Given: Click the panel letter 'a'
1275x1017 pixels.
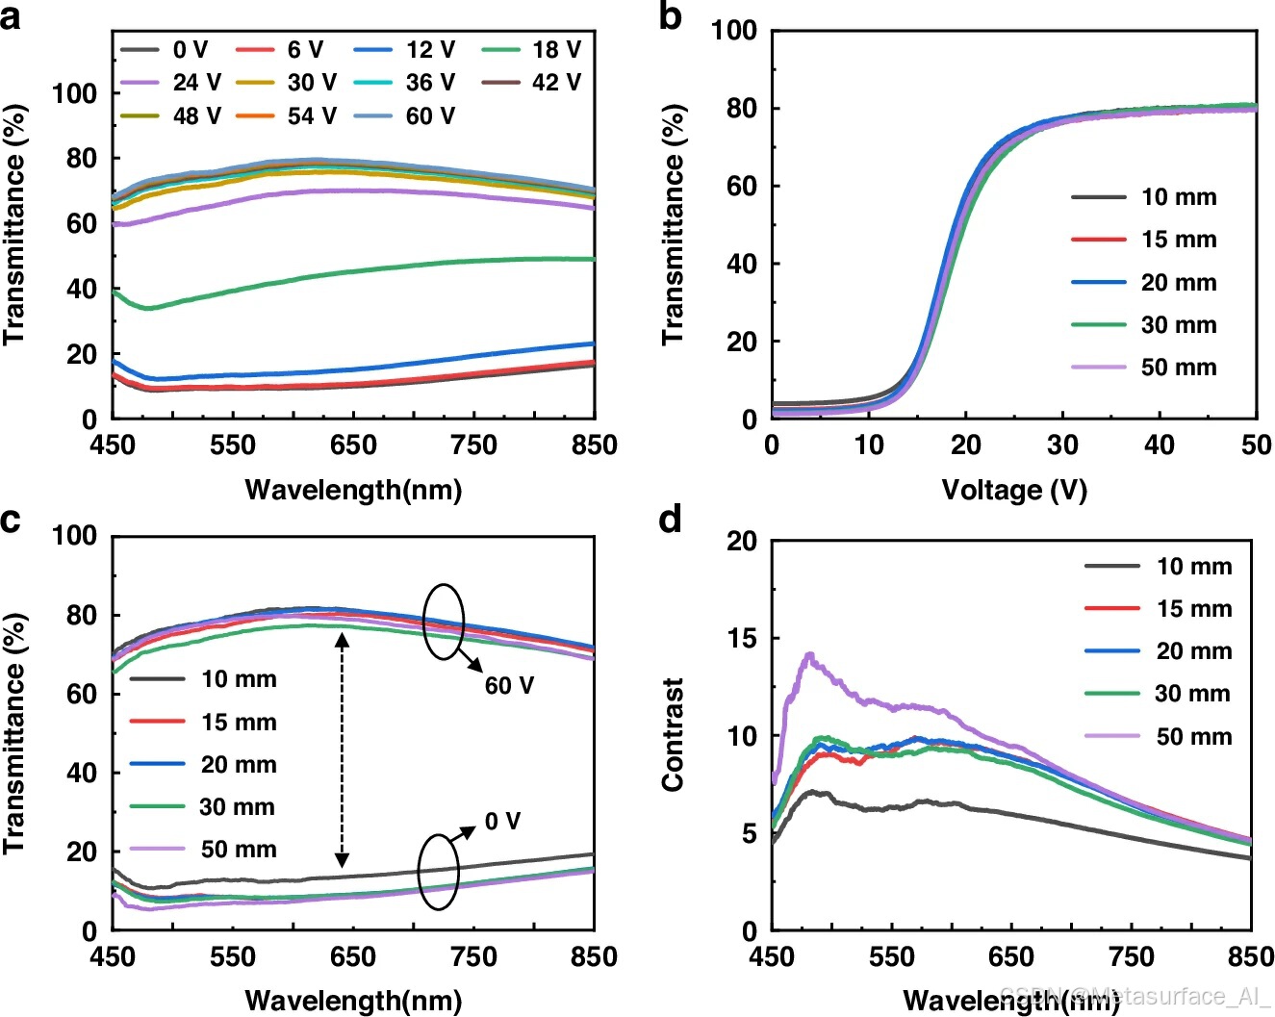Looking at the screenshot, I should point(11,16).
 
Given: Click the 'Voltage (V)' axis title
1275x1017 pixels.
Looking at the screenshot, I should point(1014,490).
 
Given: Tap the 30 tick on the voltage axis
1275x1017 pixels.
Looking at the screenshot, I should point(1062,445).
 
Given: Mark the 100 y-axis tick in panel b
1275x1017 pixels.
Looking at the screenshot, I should point(734,31).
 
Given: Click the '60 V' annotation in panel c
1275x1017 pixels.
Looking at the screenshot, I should point(509,685).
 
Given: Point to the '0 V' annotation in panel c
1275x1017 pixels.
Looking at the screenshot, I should point(502,821).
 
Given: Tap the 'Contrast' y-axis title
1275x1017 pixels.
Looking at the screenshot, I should point(673,734).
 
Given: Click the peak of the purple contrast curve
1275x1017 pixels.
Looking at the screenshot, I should point(809,655).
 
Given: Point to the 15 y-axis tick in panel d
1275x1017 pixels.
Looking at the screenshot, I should point(742,639).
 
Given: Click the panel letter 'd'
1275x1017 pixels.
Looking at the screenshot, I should point(670,521).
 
